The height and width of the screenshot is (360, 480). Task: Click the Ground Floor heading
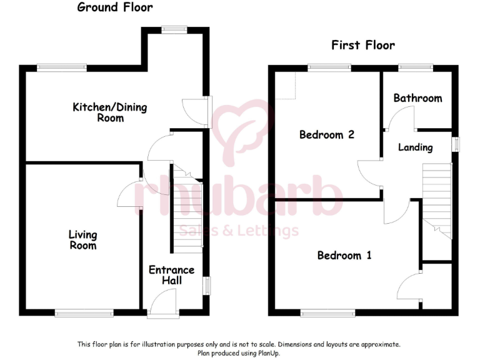[x=114, y=7]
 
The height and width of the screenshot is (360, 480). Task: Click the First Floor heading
[x=362, y=45]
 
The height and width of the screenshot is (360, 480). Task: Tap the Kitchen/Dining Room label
[x=110, y=112]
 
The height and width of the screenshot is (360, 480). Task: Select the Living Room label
[x=83, y=240]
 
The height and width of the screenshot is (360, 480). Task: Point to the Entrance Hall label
[x=171, y=276]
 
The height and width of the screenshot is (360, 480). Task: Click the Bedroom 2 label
[x=327, y=134]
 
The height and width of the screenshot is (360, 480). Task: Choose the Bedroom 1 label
[x=344, y=255]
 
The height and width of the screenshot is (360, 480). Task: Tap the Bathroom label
[x=417, y=98]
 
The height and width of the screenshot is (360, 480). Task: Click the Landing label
[x=416, y=147]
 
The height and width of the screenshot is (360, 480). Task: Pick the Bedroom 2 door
[x=369, y=172]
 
